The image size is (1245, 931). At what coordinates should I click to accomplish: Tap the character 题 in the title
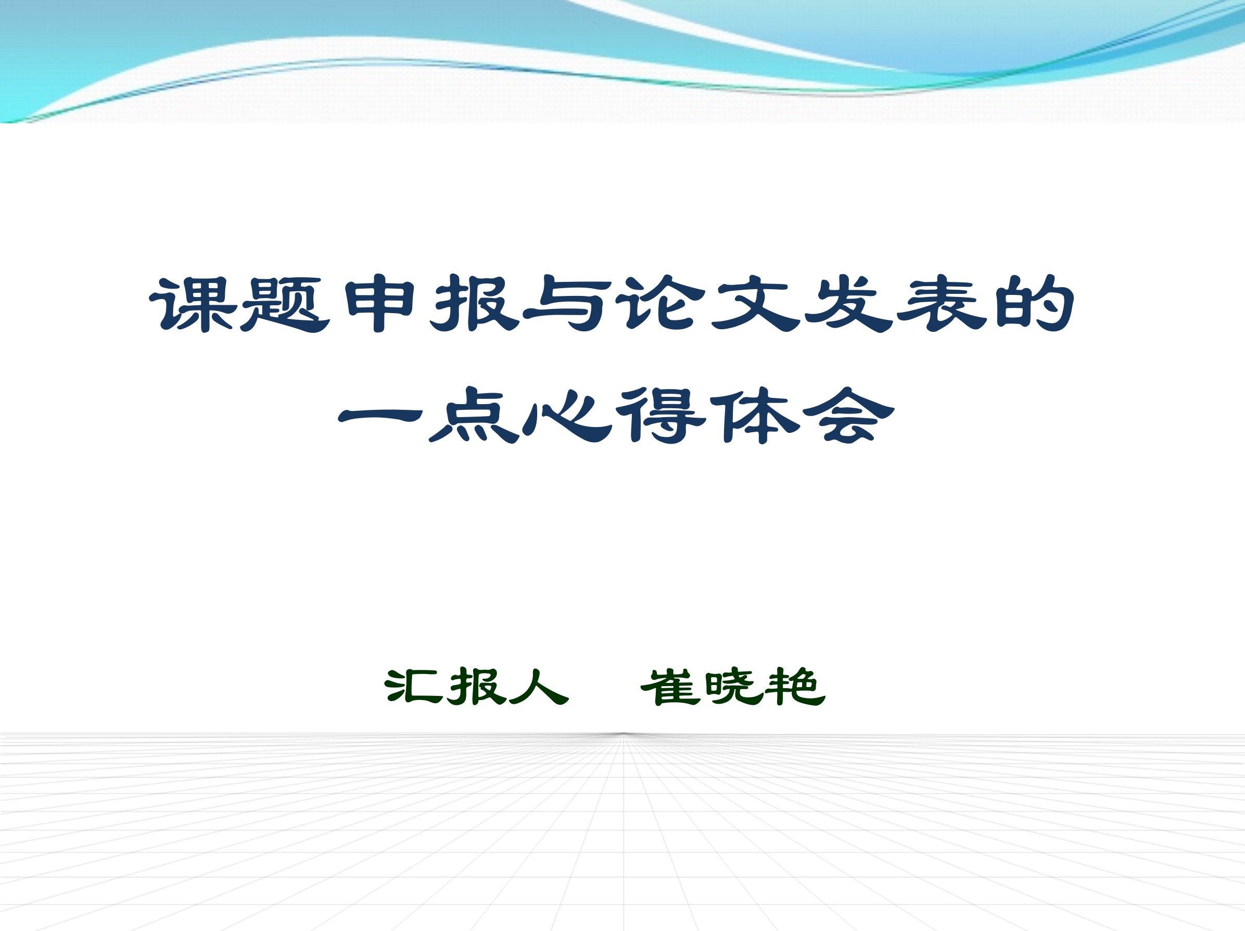[x=284, y=304]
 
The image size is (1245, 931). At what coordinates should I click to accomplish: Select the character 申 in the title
[x=380, y=303]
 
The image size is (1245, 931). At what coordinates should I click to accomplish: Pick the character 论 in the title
[x=659, y=303]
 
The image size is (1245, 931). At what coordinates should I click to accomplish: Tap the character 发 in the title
[x=849, y=303]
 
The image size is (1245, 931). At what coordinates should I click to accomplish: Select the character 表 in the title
[x=942, y=303]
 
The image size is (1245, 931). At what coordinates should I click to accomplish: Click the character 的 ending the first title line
[x=1035, y=303]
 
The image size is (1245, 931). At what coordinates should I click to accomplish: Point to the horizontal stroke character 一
[x=380, y=416]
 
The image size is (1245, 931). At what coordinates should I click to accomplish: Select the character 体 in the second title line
[x=754, y=416]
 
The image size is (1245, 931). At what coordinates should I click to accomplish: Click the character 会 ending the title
[x=849, y=416]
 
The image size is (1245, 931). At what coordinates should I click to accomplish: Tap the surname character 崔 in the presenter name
[x=670, y=687]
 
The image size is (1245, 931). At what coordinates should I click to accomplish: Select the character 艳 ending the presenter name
[x=795, y=687]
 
